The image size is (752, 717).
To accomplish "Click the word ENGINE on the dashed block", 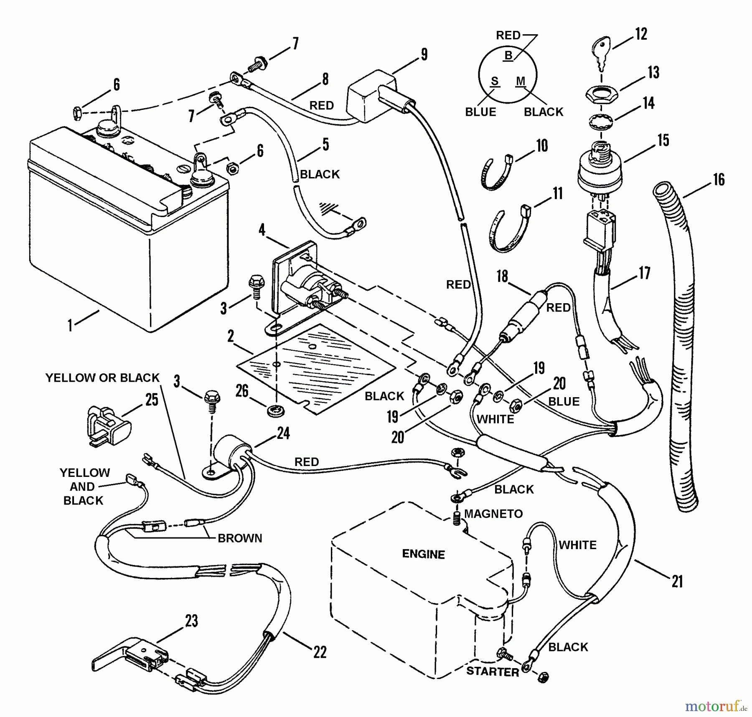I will coord(423,554).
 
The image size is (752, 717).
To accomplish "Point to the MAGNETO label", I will coord(493,514).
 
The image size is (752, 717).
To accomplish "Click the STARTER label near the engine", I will coord(493,671).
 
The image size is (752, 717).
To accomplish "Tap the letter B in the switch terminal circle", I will coord(508,55).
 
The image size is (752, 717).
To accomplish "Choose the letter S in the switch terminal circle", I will coord(495,81).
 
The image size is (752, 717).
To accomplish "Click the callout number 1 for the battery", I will coord(70,325).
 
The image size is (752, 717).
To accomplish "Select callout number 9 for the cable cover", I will coord(424,54).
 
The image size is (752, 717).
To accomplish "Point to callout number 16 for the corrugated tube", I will coord(719,180).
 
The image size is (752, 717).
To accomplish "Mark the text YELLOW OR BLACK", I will coord(102,378).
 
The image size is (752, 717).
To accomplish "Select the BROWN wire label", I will coord(240,538).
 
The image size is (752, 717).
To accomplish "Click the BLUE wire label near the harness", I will coord(564,401).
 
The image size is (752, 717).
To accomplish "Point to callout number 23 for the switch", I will coord(191,621).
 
